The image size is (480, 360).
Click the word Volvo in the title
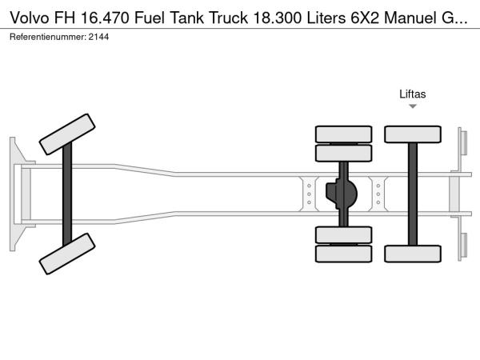[30, 18]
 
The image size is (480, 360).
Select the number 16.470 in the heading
[105, 18]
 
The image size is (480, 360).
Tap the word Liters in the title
[326, 18]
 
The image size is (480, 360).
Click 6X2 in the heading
[364, 18]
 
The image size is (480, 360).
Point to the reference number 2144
[98, 37]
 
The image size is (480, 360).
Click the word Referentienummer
[48, 37]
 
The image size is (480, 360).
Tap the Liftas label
[412, 94]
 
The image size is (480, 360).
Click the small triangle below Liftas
[413, 106]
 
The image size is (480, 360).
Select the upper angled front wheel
[67, 134]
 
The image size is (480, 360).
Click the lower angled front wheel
[67, 254]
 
